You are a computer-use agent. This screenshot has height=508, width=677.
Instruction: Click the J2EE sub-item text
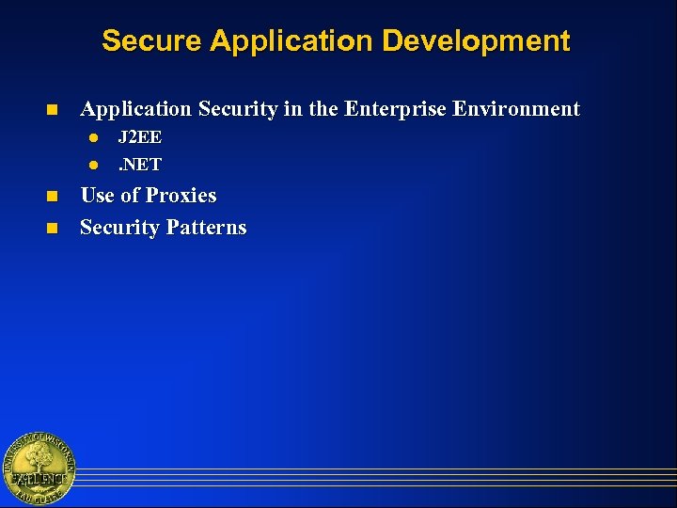[139, 138]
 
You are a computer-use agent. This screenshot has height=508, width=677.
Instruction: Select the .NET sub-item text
[139, 165]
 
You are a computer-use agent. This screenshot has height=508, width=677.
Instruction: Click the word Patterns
[206, 228]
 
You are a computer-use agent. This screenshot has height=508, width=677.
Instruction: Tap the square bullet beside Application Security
[52, 110]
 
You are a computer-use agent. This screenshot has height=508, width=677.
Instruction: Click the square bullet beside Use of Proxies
[52, 197]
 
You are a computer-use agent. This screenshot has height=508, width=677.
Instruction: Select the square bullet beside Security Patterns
[52, 229]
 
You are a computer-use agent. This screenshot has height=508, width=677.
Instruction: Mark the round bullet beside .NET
[93, 166]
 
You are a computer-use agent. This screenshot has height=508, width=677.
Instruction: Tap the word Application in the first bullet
[134, 109]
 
